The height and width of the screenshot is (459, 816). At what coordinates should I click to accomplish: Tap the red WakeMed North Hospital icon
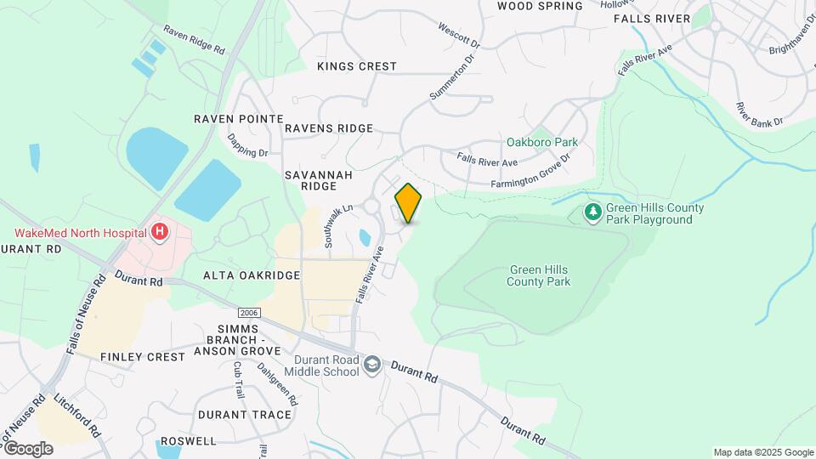[x=159, y=231]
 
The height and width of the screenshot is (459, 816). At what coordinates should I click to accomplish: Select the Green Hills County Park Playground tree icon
[x=593, y=210]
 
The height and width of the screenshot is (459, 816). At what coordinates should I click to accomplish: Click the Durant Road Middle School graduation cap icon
[x=371, y=365]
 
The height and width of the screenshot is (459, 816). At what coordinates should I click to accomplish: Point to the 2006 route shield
[x=248, y=313]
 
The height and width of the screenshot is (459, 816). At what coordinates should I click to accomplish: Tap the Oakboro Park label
[x=542, y=142]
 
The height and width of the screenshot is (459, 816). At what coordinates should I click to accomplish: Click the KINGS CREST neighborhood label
[x=357, y=66]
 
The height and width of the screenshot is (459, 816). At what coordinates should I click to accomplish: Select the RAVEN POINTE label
[x=237, y=119]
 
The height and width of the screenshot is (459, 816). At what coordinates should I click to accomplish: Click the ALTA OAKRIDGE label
[x=252, y=275]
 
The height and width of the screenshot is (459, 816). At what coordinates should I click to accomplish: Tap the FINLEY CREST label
[x=143, y=357]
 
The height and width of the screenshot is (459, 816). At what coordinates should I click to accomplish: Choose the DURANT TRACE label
[x=245, y=415]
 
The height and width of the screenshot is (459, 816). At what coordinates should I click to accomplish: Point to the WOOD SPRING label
[x=540, y=6]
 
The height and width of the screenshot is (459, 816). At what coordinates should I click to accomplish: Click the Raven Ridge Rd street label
[x=195, y=40]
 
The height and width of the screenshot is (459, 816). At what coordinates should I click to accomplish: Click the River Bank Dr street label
[x=759, y=116]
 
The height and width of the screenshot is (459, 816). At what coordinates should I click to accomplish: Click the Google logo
[x=27, y=448]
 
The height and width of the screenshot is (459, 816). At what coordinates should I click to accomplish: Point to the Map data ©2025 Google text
[x=763, y=452]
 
